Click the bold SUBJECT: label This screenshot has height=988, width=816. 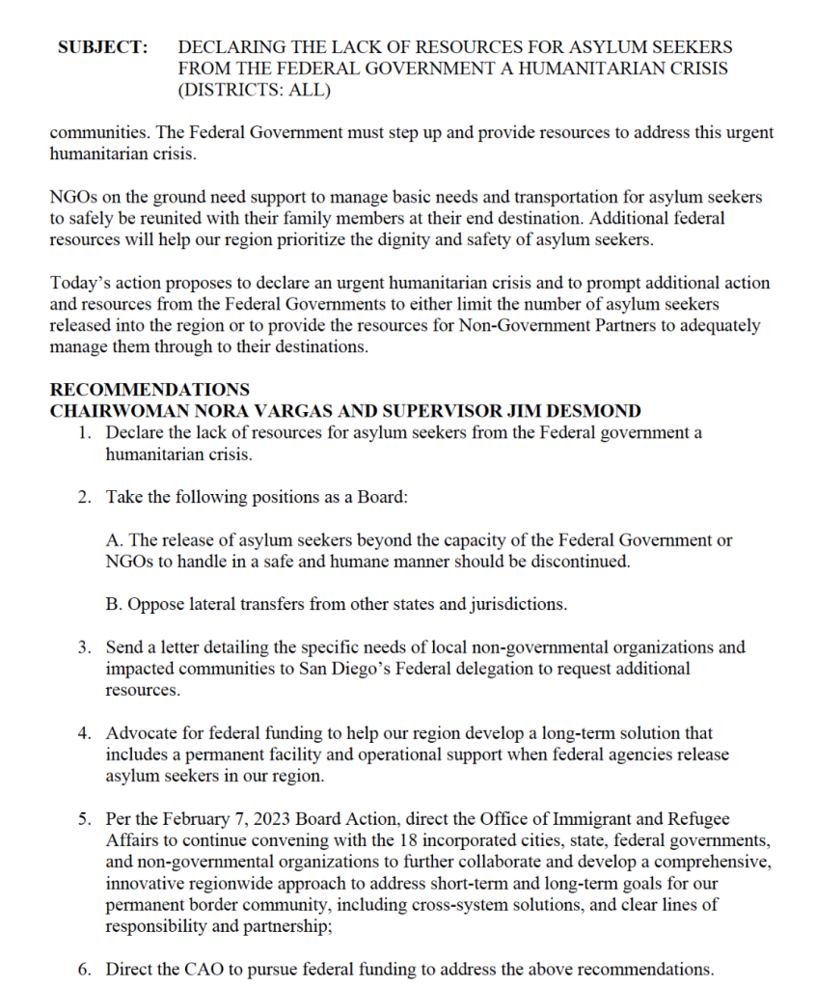[x=102, y=46]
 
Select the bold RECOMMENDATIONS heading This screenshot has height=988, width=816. [x=149, y=391]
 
